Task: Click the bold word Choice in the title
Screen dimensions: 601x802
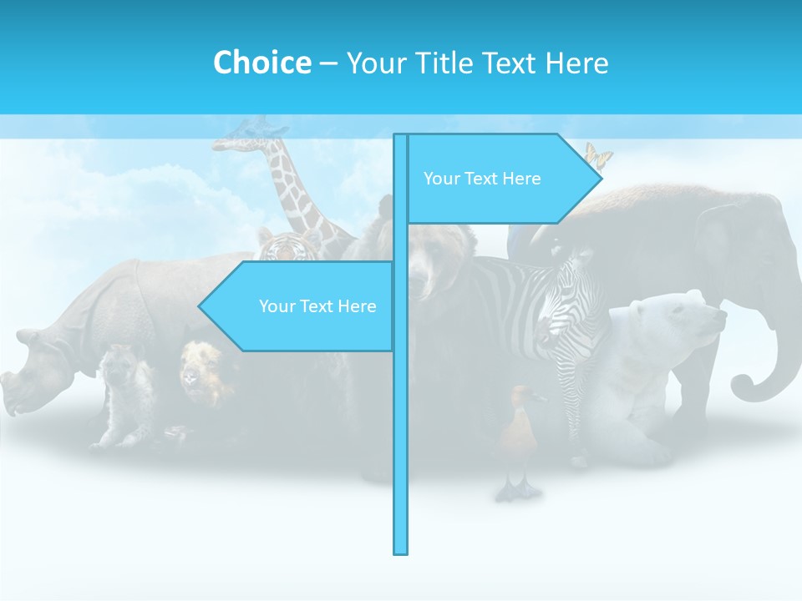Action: [261, 63]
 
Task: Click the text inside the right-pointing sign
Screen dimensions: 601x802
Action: [482, 179]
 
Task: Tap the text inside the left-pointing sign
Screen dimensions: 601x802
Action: [317, 306]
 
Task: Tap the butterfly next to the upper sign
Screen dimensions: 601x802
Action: [597, 155]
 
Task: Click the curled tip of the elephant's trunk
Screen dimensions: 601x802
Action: [744, 386]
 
